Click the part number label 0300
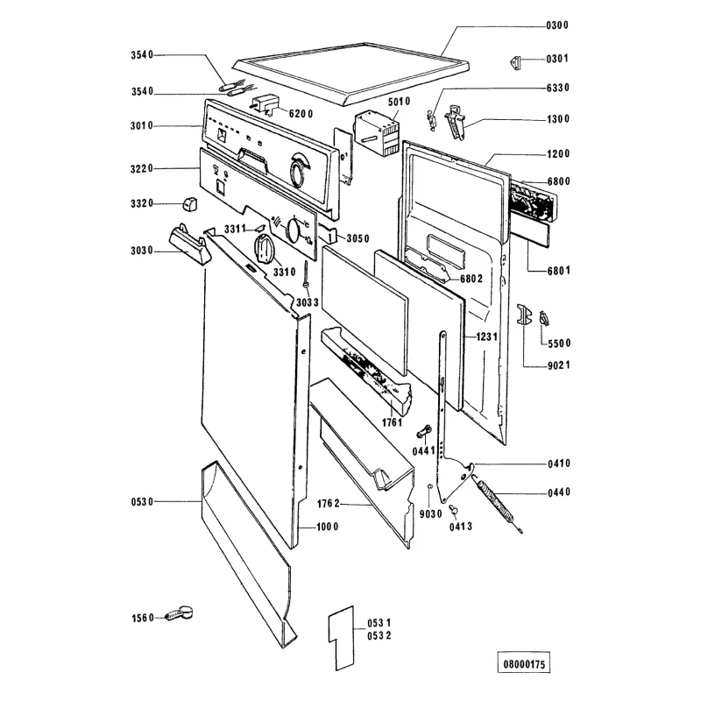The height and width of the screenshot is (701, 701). [x=557, y=25]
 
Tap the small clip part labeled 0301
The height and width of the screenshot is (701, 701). [x=516, y=62]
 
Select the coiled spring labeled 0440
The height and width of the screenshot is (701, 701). [x=499, y=506]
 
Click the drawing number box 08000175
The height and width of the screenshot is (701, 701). [x=524, y=663]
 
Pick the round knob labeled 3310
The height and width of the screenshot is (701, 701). [x=264, y=248]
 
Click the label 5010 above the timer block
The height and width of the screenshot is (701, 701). [x=399, y=102]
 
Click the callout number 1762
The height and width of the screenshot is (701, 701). [x=329, y=504]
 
